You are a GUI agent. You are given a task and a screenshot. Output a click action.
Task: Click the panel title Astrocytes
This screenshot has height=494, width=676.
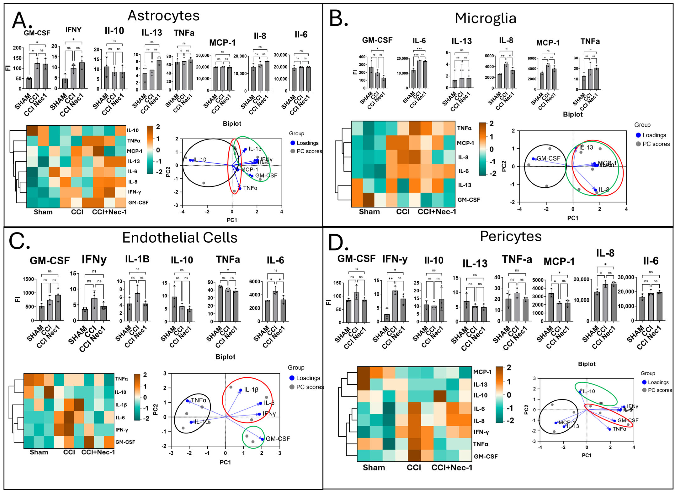(x=163, y=16)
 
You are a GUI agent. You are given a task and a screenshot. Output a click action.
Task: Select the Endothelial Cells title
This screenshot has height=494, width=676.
(x=180, y=238)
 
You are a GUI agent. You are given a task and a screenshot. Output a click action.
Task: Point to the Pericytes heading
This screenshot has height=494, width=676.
(x=511, y=236)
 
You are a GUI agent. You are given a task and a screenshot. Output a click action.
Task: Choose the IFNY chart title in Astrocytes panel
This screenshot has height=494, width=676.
(x=73, y=30)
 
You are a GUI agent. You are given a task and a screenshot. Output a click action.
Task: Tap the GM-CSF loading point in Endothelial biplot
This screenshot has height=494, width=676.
(x=262, y=439)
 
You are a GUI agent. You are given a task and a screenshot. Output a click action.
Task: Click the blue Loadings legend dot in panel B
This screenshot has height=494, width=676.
(x=638, y=135)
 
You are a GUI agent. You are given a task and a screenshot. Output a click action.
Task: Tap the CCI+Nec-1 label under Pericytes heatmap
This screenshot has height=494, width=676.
(x=452, y=467)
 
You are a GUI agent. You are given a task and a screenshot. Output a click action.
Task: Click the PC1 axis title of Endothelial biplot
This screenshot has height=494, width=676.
(x=225, y=462)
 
